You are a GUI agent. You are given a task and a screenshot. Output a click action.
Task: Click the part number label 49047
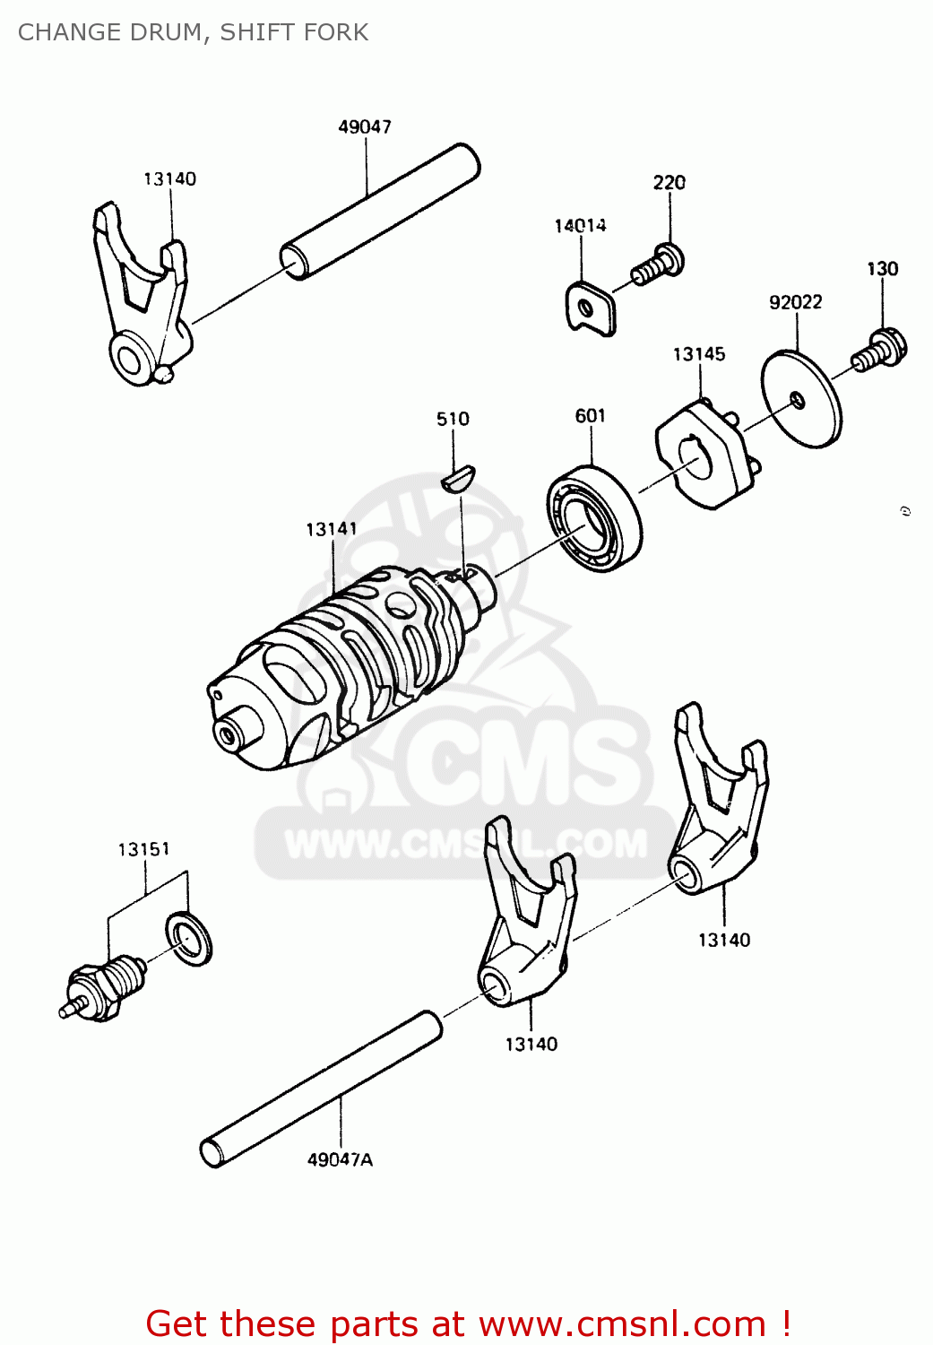(364, 127)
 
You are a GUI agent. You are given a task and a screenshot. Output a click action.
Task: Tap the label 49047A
(340, 1159)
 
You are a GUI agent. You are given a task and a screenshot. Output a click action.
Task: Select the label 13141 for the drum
(331, 529)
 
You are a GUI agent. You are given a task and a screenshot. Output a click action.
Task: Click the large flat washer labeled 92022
(802, 400)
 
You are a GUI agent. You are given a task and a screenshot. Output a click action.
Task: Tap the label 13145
(698, 354)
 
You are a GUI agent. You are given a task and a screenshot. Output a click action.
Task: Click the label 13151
(143, 848)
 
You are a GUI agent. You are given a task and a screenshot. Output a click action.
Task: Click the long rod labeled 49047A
(323, 1089)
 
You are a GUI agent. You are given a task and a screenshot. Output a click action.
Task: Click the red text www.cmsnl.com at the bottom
(622, 1323)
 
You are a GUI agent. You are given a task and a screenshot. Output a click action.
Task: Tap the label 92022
(795, 302)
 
